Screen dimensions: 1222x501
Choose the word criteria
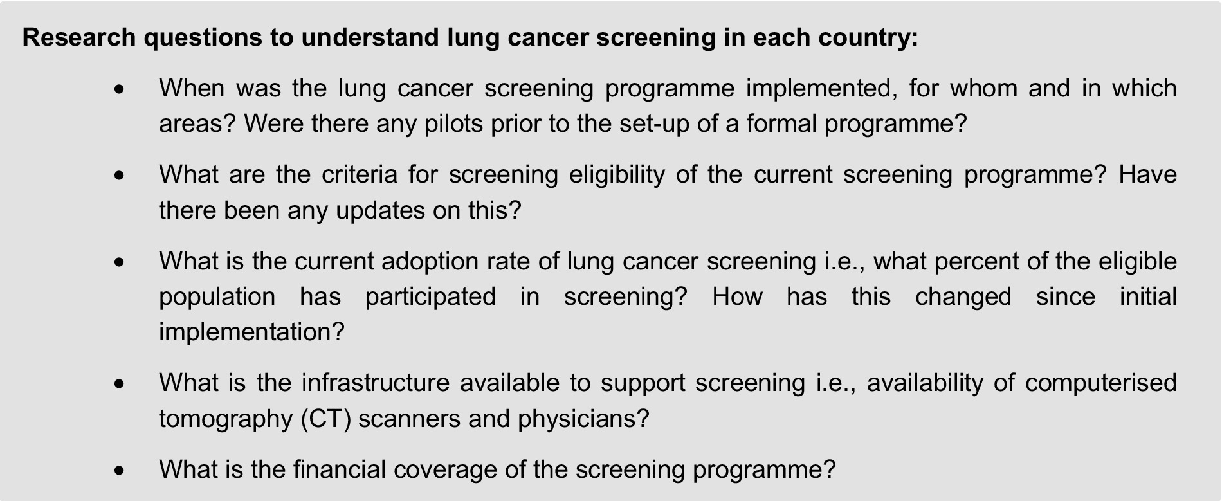[359, 174]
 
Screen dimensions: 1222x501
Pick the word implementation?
[251, 332]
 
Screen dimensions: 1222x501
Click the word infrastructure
[376, 383]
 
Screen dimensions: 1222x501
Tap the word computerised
[1101, 383]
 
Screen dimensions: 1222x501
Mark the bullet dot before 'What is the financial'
[118, 471]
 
